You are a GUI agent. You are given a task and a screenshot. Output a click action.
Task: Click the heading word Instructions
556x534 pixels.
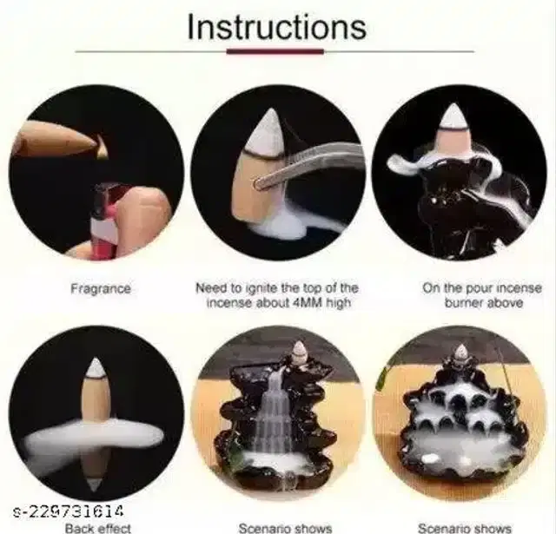pyautogui.click(x=276, y=27)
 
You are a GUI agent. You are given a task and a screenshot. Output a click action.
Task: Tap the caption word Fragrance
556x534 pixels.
pyautogui.click(x=101, y=289)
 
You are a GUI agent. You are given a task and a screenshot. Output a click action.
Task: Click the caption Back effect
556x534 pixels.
pyautogui.click(x=98, y=528)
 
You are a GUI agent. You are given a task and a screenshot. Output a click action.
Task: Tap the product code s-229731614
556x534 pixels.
pyautogui.click(x=68, y=511)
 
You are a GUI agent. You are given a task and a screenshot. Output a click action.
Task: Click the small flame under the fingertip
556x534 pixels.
pyautogui.click(x=103, y=149)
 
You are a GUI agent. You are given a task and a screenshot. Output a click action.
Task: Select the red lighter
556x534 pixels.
pyautogui.click(x=103, y=220)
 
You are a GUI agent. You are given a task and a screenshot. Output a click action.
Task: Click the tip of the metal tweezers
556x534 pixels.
pyautogui.click(x=257, y=183)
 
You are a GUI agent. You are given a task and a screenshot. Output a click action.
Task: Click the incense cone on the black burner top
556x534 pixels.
pyautogui.click(x=454, y=130)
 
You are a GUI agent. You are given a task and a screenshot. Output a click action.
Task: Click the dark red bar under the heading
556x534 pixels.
pyautogui.click(x=275, y=52)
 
